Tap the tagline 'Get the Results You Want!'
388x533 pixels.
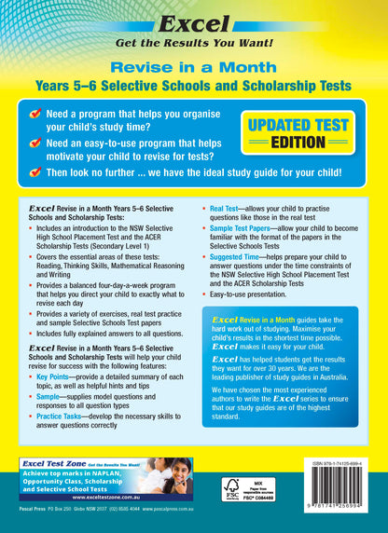tap(194, 42)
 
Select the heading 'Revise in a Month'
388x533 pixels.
tap(194, 67)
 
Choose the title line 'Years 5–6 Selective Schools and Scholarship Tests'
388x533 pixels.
tap(194, 86)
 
